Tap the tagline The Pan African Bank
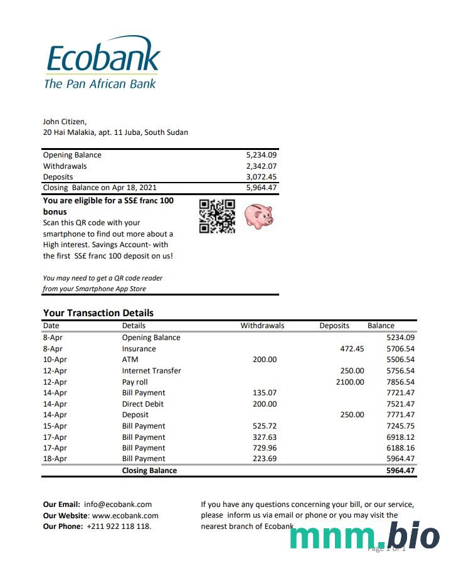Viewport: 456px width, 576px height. click(x=100, y=83)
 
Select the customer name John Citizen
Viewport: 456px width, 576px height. click(x=65, y=122)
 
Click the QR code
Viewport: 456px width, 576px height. click(x=217, y=216)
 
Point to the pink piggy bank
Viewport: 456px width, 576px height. click(x=258, y=216)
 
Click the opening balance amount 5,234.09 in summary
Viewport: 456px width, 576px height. click(x=262, y=155)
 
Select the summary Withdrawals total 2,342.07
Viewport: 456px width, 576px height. click(x=262, y=166)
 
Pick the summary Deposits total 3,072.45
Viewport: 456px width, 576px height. click(x=262, y=177)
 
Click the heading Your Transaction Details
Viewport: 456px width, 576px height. click(x=98, y=312)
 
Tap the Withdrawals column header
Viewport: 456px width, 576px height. click(x=262, y=326)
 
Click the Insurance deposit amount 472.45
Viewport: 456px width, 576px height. click(x=351, y=349)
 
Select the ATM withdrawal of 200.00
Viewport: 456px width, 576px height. click(x=264, y=360)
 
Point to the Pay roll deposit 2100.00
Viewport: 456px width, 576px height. click(x=349, y=381)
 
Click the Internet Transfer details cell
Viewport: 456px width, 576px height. click(x=151, y=371)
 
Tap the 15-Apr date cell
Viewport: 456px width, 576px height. click(x=55, y=426)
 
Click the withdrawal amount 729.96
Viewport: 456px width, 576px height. click(x=264, y=448)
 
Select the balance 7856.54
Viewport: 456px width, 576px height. click(x=400, y=381)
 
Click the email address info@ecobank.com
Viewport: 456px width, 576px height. click(x=118, y=504)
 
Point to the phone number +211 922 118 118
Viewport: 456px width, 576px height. click(x=119, y=526)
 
